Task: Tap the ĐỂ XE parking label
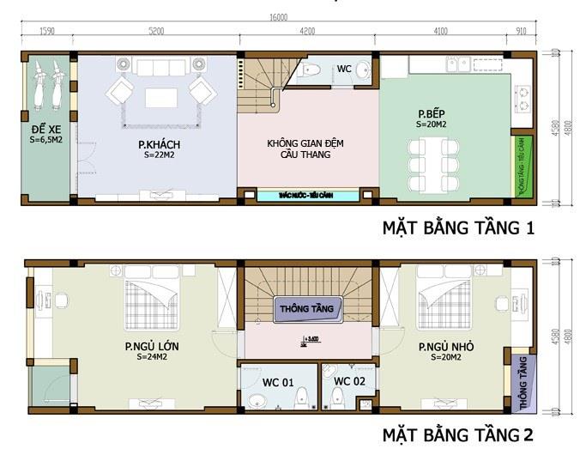point(45,132)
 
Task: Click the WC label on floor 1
point(343,69)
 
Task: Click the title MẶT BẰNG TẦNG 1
point(459,229)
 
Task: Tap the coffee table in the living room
point(161,98)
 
